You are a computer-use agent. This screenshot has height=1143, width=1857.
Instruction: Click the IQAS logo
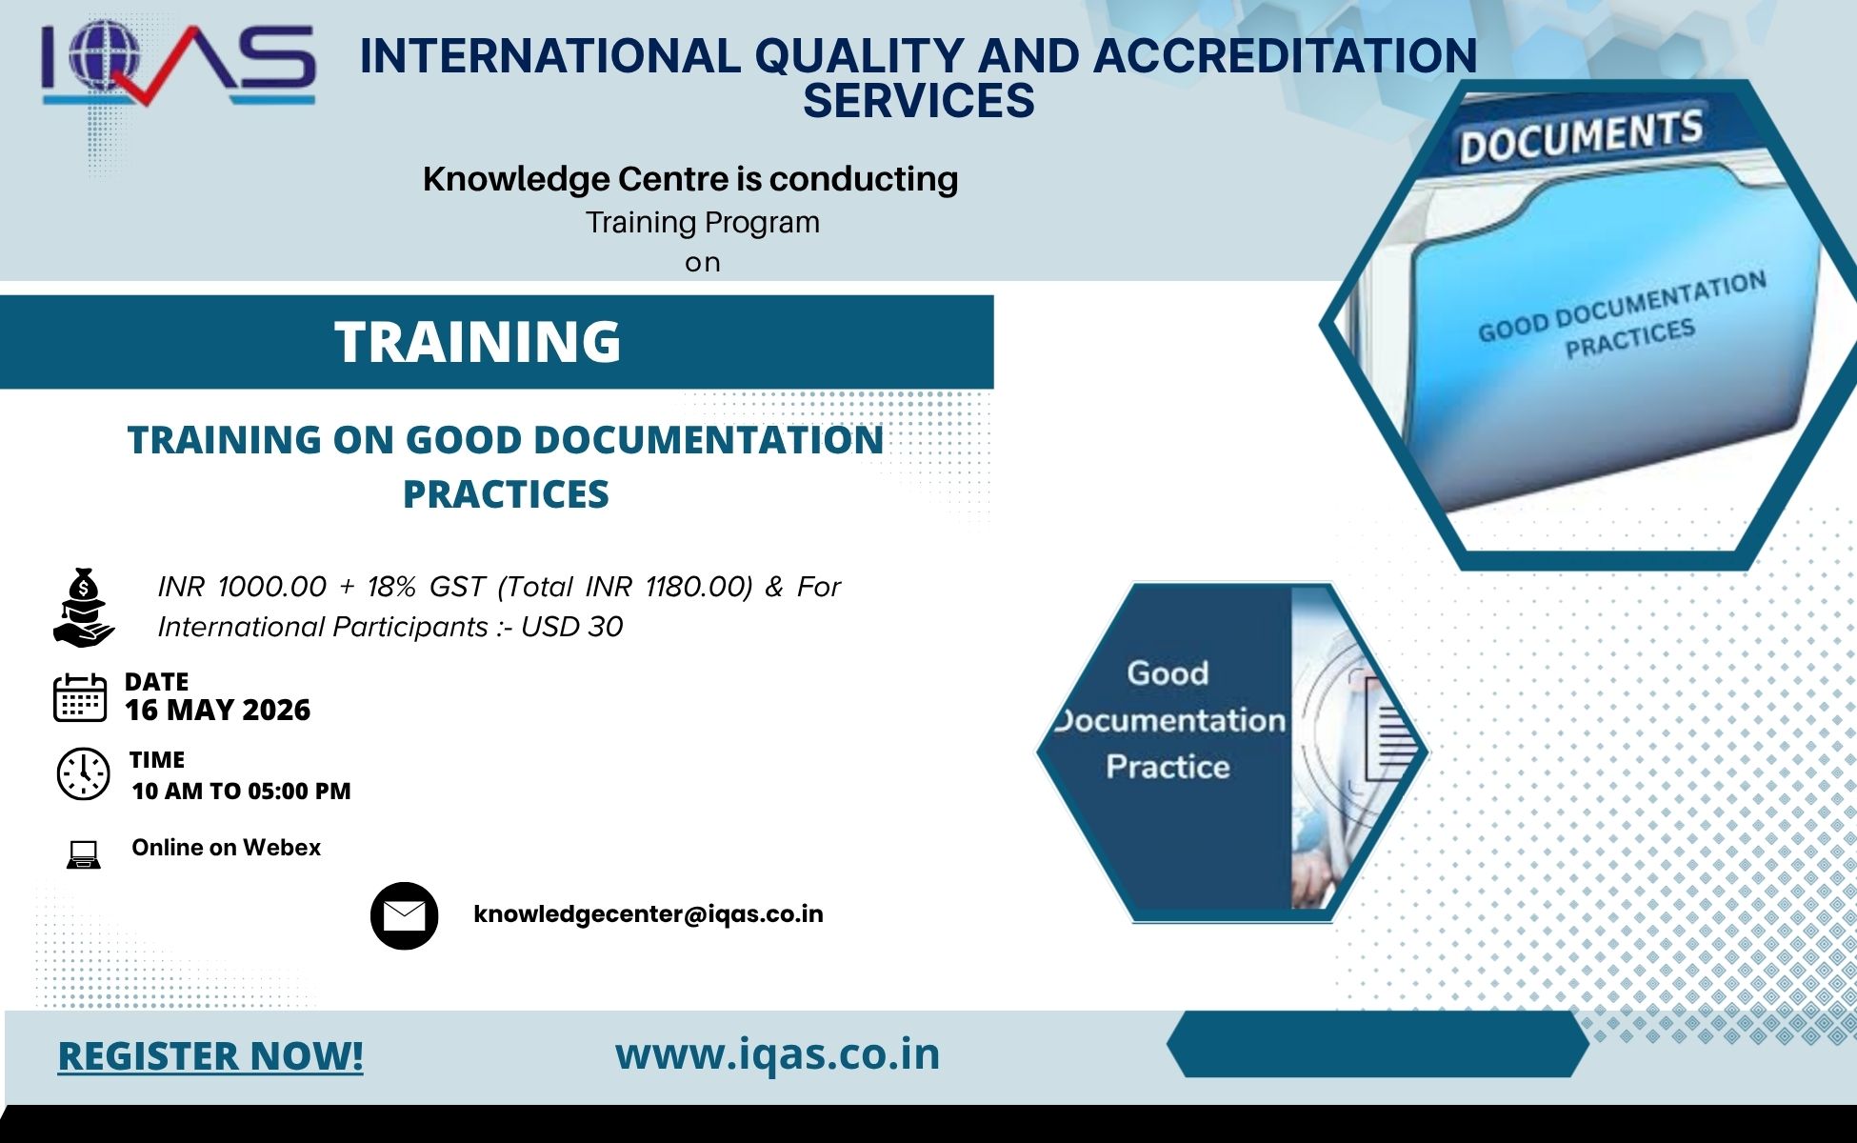click(x=178, y=64)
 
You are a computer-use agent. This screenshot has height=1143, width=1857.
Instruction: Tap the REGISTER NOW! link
click(x=210, y=1055)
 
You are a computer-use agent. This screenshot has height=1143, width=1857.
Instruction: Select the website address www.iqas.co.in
click(x=777, y=1054)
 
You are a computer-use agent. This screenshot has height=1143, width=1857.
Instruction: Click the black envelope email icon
click(x=404, y=915)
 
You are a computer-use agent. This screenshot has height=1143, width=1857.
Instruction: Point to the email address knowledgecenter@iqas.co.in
click(x=649, y=914)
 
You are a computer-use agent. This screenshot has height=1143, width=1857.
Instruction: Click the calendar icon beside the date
click(x=80, y=697)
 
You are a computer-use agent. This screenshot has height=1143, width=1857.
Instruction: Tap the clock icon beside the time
click(x=84, y=773)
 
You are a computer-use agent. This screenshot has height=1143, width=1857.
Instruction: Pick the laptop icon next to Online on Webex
click(x=84, y=854)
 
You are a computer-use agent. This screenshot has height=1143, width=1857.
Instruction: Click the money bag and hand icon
click(x=84, y=608)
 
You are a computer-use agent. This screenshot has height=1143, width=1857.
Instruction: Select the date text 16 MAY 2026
click(x=217, y=710)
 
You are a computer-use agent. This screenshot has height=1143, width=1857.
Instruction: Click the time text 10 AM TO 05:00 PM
click(x=241, y=791)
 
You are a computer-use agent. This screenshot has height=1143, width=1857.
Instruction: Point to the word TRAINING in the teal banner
click(x=478, y=341)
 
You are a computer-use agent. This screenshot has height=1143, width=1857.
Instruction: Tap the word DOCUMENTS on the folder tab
click(x=1581, y=137)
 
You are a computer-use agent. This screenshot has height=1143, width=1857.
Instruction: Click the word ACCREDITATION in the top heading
click(x=1285, y=55)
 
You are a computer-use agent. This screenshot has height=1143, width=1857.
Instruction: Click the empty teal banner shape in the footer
click(x=1378, y=1045)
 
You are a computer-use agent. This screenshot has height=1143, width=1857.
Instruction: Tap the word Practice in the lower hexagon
click(x=1168, y=767)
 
